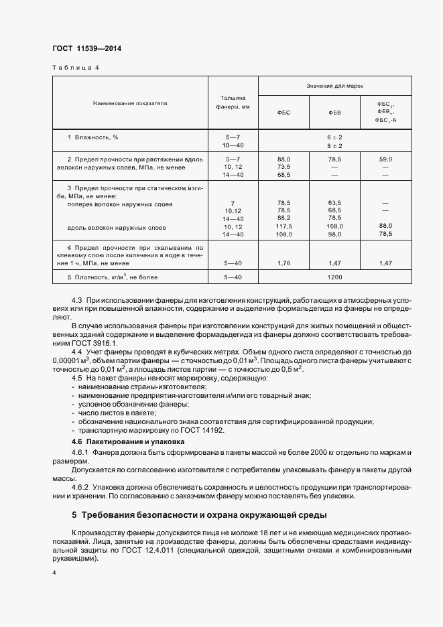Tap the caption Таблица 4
coord(75,68)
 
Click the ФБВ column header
coord(334,112)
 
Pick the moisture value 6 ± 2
coord(334,137)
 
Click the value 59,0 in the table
coord(385,159)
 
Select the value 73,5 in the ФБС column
coord(283,166)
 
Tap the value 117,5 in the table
coord(283,226)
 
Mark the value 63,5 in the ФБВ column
coord(334,202)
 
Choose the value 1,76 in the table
coord(283,263)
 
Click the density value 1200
coord(334,277)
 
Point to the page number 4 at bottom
coord(54,574)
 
